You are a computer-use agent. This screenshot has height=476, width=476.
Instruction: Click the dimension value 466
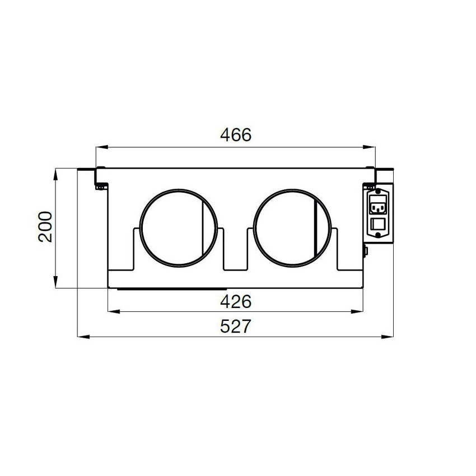[236, 135]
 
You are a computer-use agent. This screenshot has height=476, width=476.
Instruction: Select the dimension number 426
[236, 301]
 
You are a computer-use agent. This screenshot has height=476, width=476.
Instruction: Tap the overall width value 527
[236, 326]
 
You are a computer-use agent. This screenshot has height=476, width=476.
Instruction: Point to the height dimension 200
[45, 226]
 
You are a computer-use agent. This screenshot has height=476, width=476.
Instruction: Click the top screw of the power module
[378, 192]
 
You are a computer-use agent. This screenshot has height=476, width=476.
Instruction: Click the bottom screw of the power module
[378, 235]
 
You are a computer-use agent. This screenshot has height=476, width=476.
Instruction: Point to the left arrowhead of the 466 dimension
[102, 147]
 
